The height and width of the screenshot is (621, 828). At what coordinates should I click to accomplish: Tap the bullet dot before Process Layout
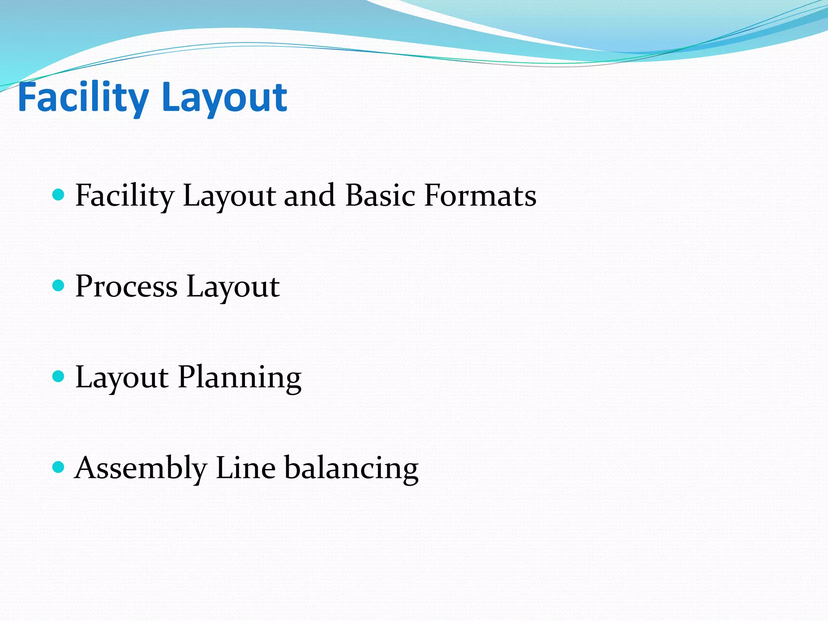pyautogui.click(x=59, y=286)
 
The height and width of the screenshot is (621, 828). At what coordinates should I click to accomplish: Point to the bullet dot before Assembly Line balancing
pyautogui.click(x=59, y=467)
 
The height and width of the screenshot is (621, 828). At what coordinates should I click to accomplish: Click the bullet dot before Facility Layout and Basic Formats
pyautogui.click(x=59, y=195)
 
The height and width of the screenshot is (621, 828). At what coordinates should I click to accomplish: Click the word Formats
pyautogui.click(x=480, y=196)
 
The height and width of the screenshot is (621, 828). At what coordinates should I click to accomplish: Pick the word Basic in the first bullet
pyautogui.click(x=380, y=196)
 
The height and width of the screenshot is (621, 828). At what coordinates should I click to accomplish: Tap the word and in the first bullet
pyautogui.click(x=309, y=196)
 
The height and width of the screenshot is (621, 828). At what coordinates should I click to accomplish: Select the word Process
pyautogui.click(x=126, y=287)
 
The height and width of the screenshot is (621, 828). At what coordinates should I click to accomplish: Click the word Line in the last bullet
pyautogui.click(x=246, y=468)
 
